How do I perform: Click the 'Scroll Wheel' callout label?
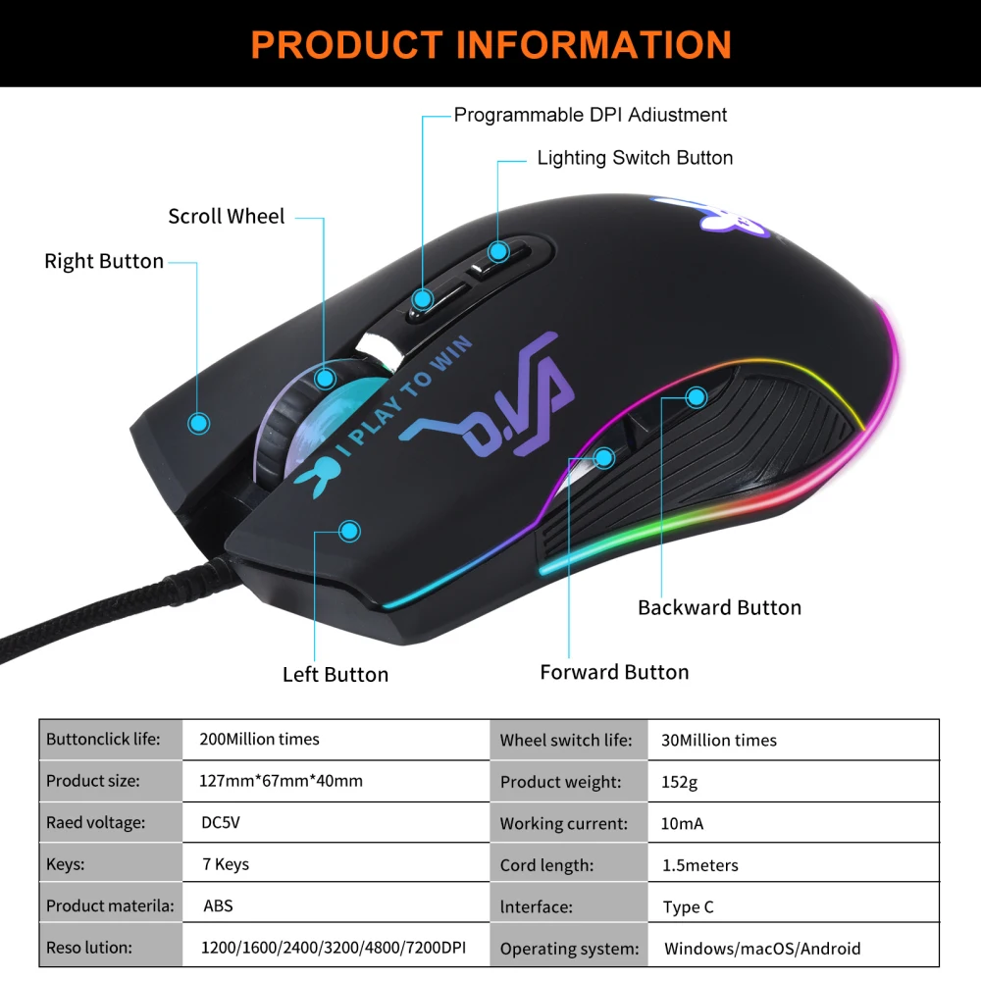(x=226, y=217)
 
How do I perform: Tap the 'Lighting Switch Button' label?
(x=635, y=158)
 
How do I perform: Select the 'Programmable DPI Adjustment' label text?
(x=590, y=115)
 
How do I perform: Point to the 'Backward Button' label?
(x=719, y=607)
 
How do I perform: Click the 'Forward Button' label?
(x=614, y=672)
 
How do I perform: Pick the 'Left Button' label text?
(x=336, y=674)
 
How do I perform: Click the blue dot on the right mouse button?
(x=199, y=423)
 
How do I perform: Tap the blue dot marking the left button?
(x=348, y=531)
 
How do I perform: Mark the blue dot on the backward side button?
(x=697, y=397)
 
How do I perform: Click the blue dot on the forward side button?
(x=605, y=456)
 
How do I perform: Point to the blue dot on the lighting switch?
(x=498, y=251)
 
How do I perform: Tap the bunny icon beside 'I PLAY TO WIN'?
(x=315, y=481)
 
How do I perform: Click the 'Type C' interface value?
(x=688, y=907)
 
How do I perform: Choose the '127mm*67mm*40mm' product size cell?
(x=281, y=781)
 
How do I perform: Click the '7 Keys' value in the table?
(x=225, y=864)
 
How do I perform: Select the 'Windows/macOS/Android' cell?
(x=761, y=949)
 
